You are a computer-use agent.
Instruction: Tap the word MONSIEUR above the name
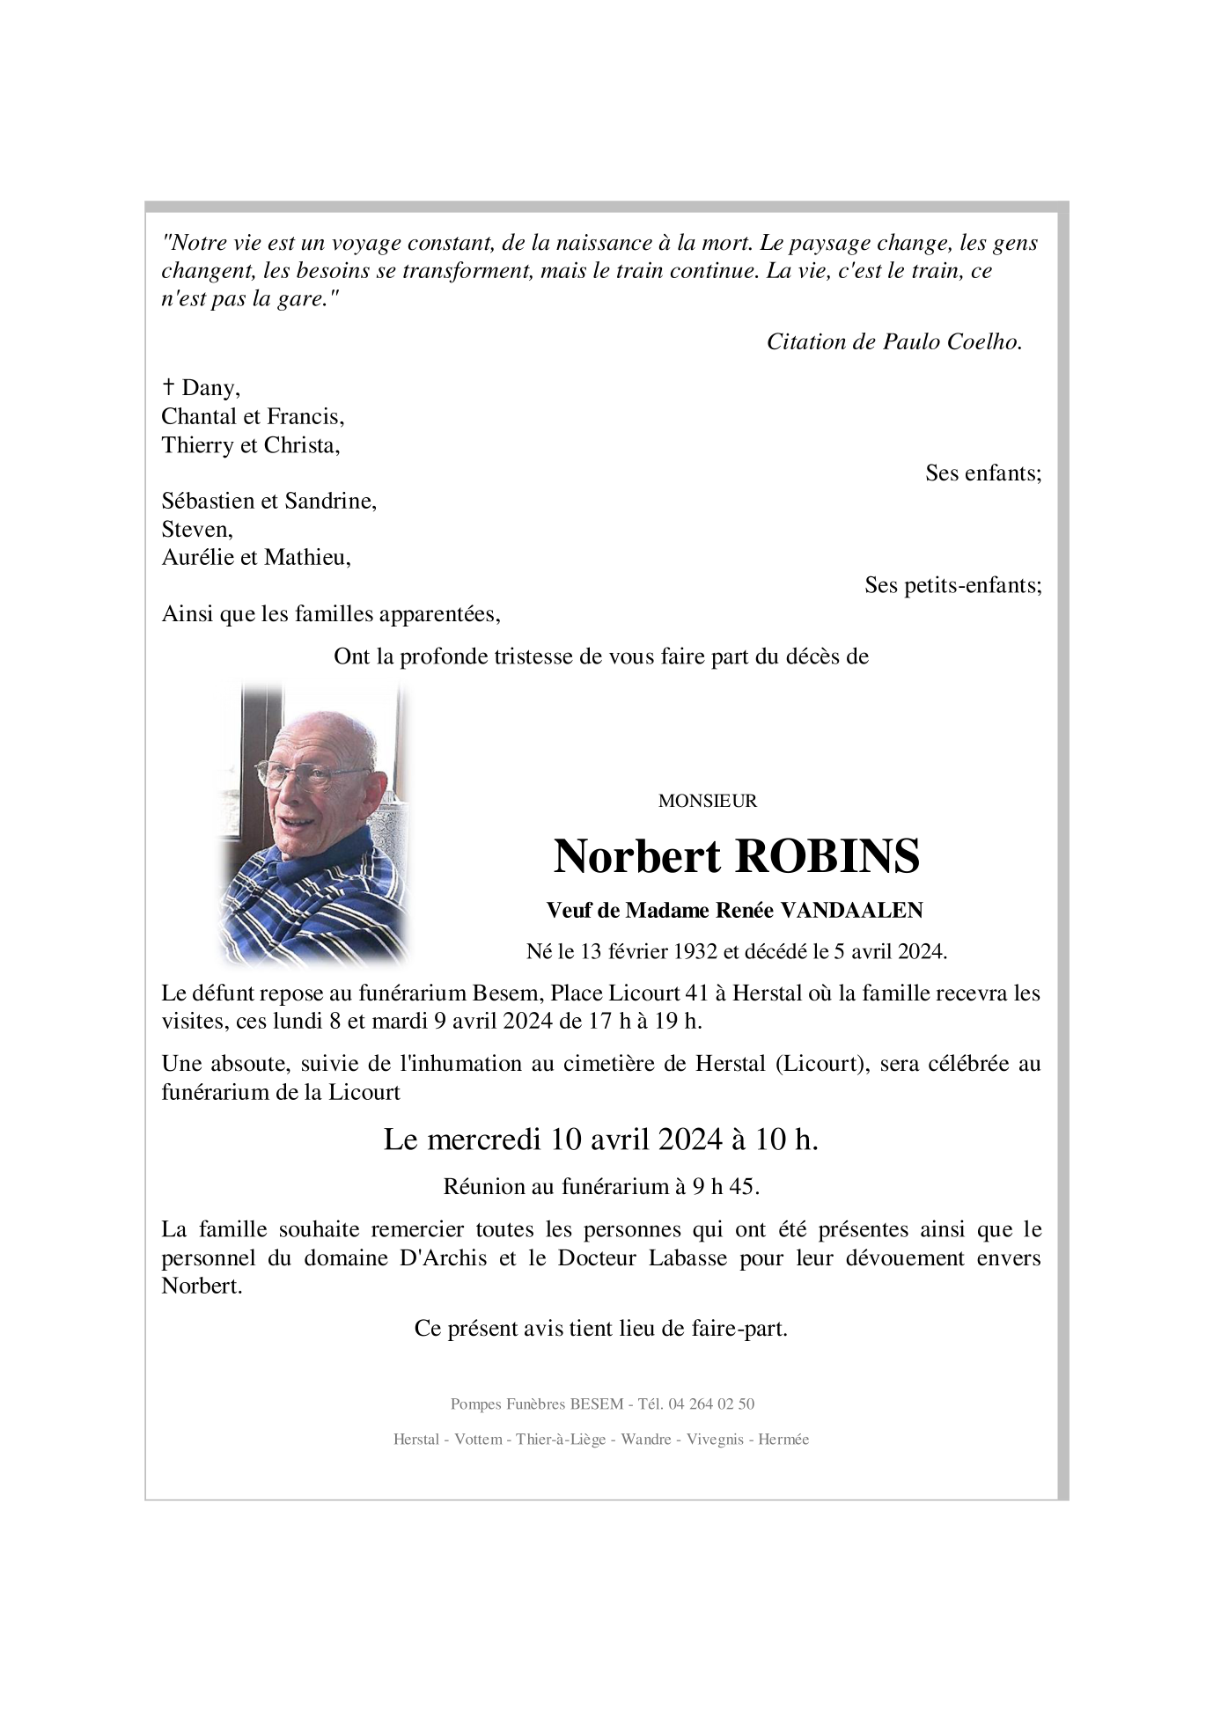707,802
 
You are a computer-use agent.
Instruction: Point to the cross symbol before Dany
168,387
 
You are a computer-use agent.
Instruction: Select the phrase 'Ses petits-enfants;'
952,585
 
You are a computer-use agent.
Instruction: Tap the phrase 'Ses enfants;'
982,473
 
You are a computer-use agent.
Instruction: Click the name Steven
196,530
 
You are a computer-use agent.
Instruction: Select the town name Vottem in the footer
479,1440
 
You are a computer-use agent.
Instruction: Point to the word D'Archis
443,1257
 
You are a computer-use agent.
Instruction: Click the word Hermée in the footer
783,1440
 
